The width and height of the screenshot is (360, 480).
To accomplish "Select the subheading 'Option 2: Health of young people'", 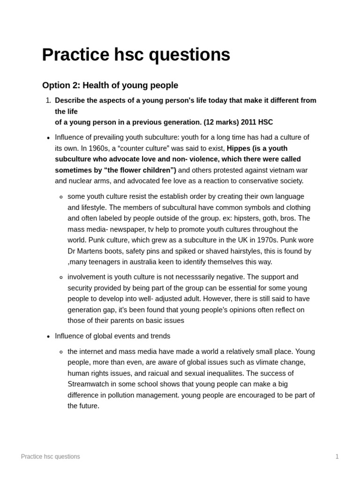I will [110, 85].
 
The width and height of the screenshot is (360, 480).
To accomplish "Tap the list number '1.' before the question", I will [48, 100].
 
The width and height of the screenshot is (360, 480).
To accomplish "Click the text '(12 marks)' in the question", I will [220, 122].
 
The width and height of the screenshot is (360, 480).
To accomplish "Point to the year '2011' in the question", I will [248, 122].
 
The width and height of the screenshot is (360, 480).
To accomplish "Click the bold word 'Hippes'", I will [239, 148].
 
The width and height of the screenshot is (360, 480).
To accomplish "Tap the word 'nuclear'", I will [82, 181].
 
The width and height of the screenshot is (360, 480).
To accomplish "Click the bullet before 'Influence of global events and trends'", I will [48, 337].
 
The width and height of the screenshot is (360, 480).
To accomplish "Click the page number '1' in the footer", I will [337, 457].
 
